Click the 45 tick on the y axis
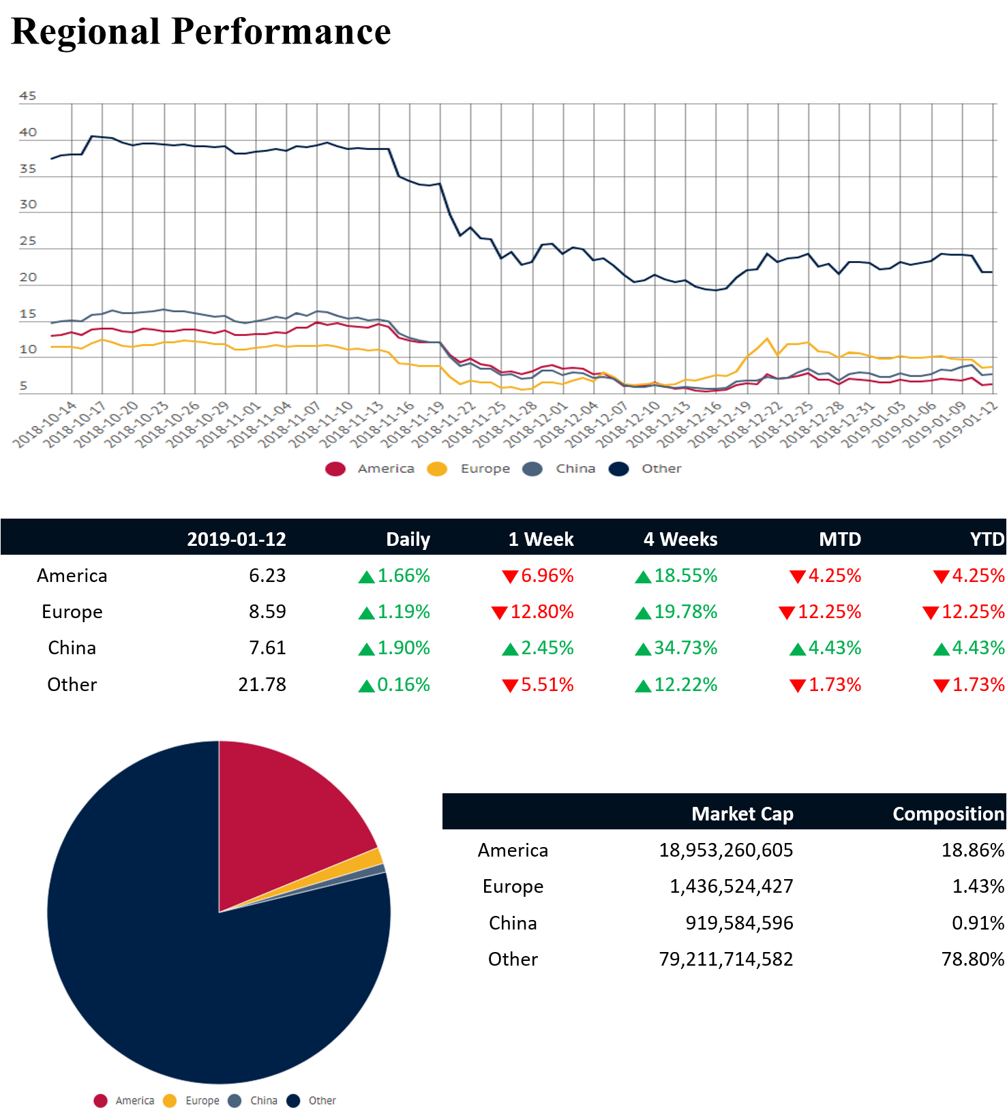pos(28,96)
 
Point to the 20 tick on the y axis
pos(28,277)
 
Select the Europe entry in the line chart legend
pos(485,469)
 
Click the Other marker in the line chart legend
pos(619,469)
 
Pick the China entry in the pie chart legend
pos(263,1101)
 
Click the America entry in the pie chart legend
pos(134,1101)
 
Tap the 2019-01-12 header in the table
pos(237,539)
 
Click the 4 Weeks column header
pos(680,539)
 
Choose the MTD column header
pos(840,539)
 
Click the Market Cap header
pos(742,814)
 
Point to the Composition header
pos(948,814)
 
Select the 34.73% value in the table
pos(685,648)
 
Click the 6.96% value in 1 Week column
pos(547,576)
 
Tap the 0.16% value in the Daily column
pos(403,685)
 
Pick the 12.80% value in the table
pos(541,612)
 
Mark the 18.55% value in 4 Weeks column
pos(685,576)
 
